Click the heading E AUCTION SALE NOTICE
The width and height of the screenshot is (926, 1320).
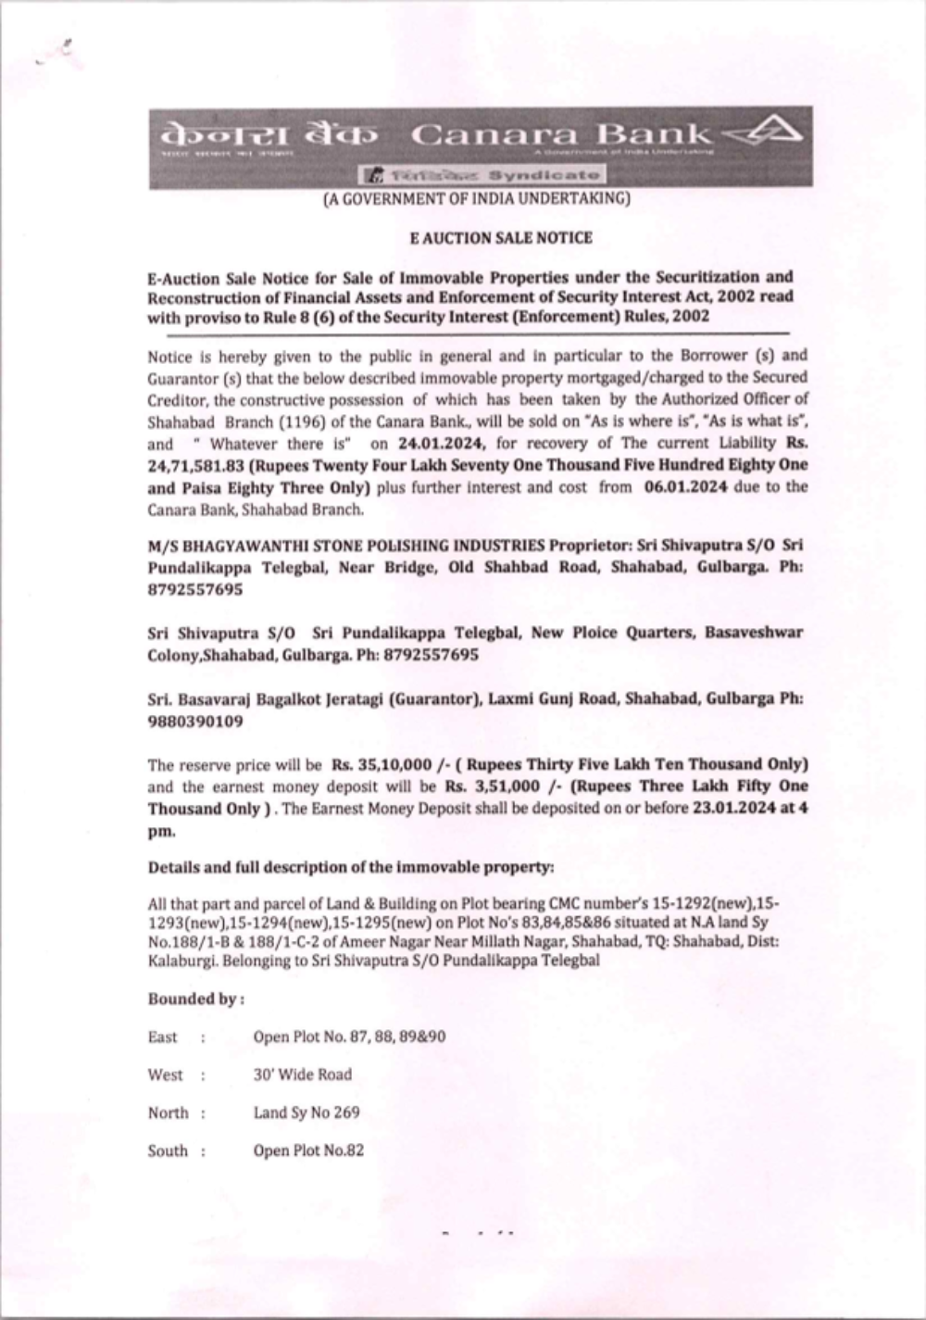point(501,237)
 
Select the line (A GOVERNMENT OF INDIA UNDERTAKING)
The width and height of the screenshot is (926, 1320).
point(476,199)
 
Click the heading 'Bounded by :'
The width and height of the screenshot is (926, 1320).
point(195,999)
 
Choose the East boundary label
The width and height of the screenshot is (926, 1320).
point(163,1037)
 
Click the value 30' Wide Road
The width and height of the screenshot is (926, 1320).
point(303,1075)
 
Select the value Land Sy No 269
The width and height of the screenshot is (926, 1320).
point(307,1113)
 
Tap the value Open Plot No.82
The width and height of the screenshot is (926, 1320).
point(308,1150)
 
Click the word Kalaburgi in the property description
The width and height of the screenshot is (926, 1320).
point(179,961)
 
